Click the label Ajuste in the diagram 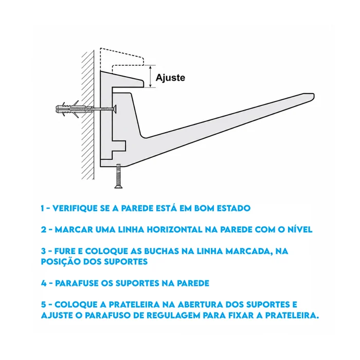(x=170, y=78)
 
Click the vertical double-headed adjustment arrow (x=150, y=76)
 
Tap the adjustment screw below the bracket (x=118, y=176)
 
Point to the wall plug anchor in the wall (x=71, y=109)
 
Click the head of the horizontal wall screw (x=115, y=109)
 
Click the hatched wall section (x=88, y=115)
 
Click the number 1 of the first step (x=42, y=208)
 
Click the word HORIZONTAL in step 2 (x=174, y=229)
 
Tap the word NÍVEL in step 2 (x=300, y=229)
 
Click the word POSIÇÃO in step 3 (x=61, y=261)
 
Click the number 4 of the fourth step (x=44, y=283)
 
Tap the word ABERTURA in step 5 (x=200, y=304)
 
